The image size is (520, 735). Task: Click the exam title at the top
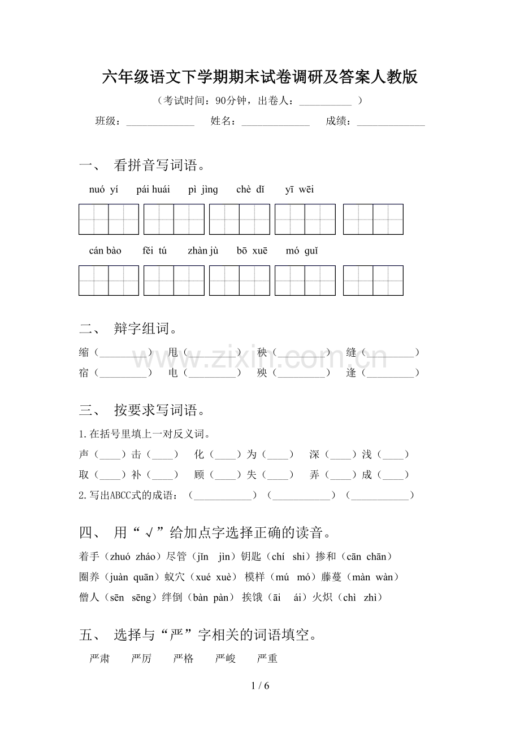pos(260,77)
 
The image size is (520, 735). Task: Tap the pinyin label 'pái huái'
pos(153,190)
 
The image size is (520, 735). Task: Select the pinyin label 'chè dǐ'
pos(250,190)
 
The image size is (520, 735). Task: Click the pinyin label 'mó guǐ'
pos(302,251)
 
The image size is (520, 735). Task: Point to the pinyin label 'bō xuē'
pos(252,251)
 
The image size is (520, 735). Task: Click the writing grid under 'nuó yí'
pos(109,219)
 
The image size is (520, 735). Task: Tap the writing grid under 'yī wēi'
pos(373,219)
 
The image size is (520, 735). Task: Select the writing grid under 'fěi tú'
pos(174,281)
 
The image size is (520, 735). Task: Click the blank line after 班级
pos(160,122)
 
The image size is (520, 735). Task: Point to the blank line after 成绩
pos(391,122)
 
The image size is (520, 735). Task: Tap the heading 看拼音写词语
pos(159,165)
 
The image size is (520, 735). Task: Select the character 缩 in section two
pos(84,353)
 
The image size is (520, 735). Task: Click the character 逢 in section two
pos(352,373)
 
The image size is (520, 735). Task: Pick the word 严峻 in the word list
pos(226,659)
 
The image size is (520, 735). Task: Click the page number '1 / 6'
pos(260,686)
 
